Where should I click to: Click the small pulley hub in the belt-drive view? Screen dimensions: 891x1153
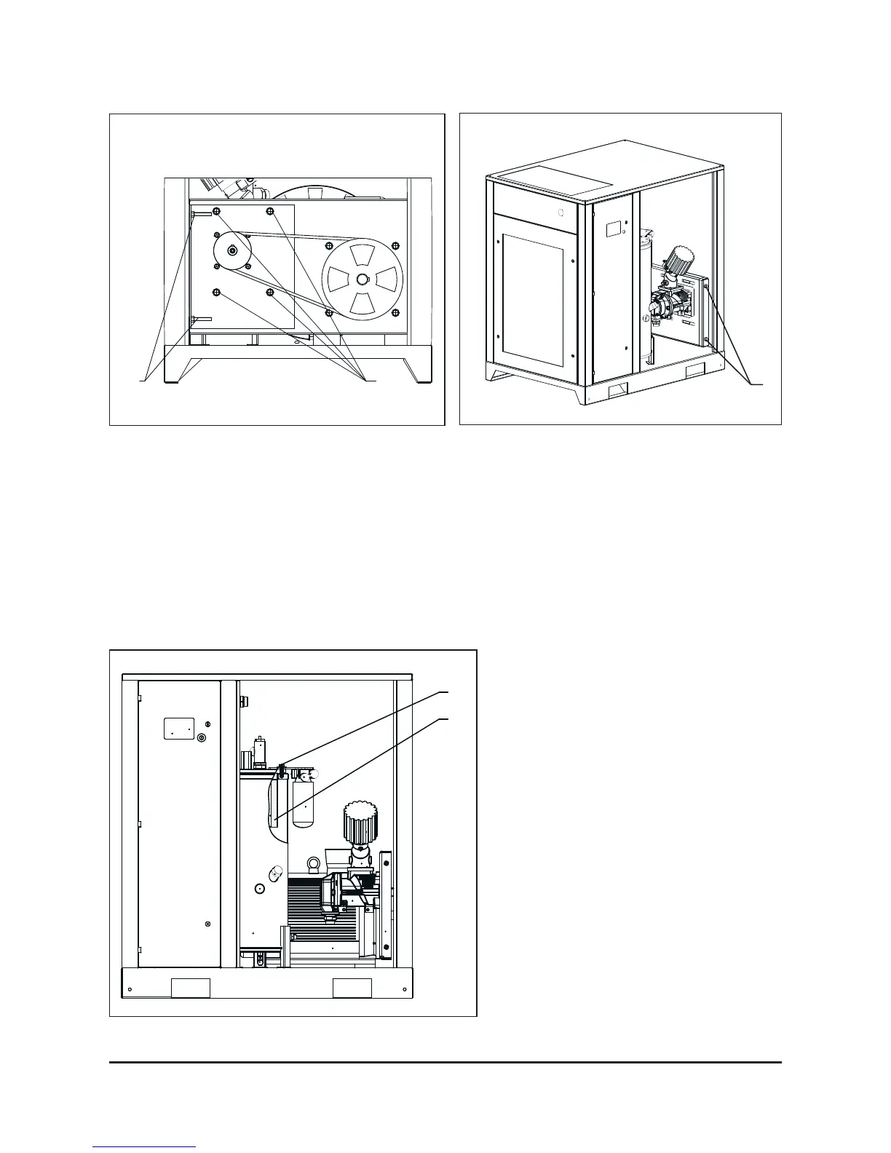click(232, 250)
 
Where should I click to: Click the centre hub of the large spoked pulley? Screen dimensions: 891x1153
click(363, 279)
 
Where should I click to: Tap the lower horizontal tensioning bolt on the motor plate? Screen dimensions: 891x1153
click(201, 319)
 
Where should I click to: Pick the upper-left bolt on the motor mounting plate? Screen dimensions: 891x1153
click(216, 212)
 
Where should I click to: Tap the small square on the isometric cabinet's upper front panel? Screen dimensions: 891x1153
click(561, 213)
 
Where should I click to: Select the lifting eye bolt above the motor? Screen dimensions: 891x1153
click(314, 865)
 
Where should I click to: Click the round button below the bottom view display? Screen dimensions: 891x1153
click(202, 737)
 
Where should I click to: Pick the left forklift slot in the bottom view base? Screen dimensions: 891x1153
click(190, 988)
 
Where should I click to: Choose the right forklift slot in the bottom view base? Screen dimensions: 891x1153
click(352, 988)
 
